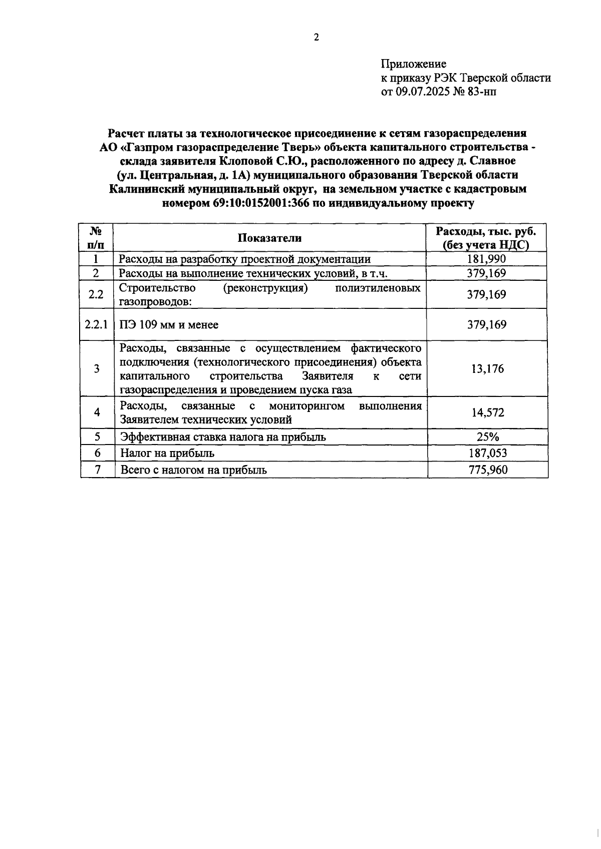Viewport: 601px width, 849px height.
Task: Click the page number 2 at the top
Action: (x=316, y=38)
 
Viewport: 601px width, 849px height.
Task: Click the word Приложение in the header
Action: (x=413, y=64)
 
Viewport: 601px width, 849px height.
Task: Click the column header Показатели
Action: (x=269, y=238)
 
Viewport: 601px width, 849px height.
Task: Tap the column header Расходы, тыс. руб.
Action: (x=486, y=231)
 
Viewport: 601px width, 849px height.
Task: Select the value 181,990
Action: (x=486, y=259)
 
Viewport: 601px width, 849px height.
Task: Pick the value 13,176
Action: (x=487, y=369)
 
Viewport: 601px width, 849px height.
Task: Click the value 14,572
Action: (x=487, y=412)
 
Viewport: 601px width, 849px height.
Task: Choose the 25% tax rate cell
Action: (x=487, y=437)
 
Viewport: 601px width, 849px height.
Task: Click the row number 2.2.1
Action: (x=96, y=324)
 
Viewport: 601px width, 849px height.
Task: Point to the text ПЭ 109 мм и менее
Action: (x=169, y=324)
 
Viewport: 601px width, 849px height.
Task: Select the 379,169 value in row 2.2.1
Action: (x=486, y=324)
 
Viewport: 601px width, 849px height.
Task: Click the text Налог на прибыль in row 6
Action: (x=167, y=453)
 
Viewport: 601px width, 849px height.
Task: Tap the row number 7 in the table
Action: (x=98, y=470)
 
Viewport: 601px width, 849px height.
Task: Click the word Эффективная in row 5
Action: (x=152, y=437)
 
